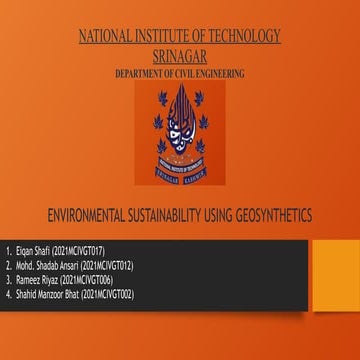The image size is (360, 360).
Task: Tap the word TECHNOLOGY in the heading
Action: pos(242,37)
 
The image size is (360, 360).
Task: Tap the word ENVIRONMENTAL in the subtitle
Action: pos(94,215)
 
